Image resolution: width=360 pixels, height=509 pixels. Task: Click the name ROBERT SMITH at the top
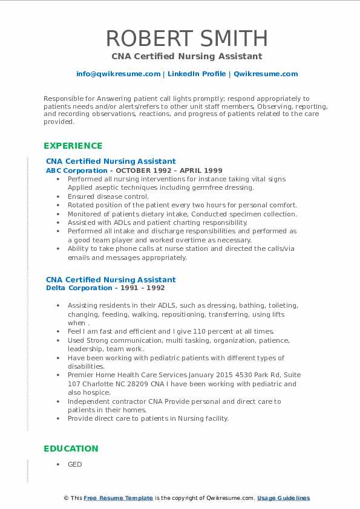[x=186, y=39]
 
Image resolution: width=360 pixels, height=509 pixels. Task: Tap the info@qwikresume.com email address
[x=118, y=74]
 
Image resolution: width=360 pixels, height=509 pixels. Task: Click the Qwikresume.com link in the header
[x=266, y=74]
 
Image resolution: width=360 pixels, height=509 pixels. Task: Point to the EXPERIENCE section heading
[x=73, y=146]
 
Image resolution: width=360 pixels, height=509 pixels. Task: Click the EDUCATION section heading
[x=71, y=449]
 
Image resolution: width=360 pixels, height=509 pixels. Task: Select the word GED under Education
[x=74, y=464]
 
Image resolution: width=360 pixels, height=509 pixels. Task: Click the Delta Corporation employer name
[x=78, y=288]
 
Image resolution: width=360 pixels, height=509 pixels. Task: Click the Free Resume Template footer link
[x=118, y=498]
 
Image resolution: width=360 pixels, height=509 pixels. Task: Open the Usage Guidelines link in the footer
[x=283, y=498]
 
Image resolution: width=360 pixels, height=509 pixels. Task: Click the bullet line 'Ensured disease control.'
[x=108, y=196]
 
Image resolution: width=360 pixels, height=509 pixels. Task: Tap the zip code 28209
[x=150, y=384]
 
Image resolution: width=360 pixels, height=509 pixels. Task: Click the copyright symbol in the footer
[x=66, y=498]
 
